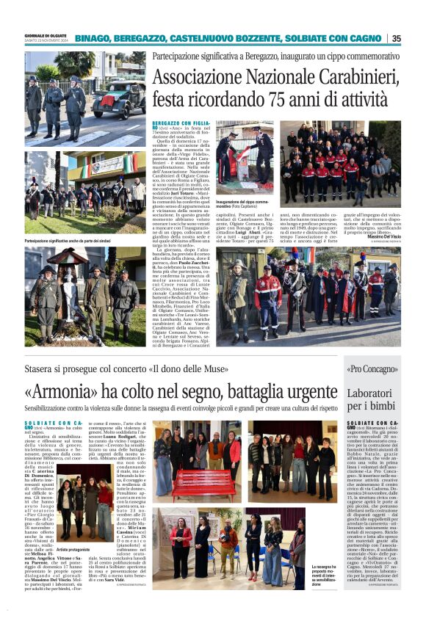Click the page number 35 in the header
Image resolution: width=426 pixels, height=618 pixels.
[396, 38]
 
